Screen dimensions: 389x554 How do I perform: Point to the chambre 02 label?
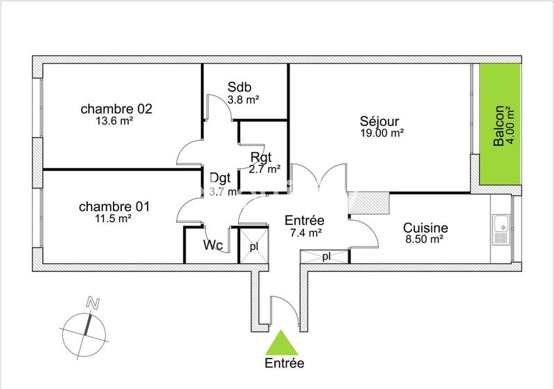point(116,109)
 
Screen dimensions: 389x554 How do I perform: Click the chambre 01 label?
point(115,207)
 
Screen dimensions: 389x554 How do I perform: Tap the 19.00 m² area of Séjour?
point(382,132)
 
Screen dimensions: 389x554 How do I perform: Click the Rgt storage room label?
point(261,156)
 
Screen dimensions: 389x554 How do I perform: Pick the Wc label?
point(212,246)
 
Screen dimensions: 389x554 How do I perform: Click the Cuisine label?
point(425,228)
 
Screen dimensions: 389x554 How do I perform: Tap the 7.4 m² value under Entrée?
point(305,234)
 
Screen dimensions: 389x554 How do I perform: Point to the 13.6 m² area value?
point(115,120)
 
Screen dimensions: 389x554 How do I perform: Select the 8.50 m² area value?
point(424,239)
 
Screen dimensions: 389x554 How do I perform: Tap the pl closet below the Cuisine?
point(325,257)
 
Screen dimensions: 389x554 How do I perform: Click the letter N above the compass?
point(91,302)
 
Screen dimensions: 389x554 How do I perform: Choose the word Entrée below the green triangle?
point(284,362)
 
